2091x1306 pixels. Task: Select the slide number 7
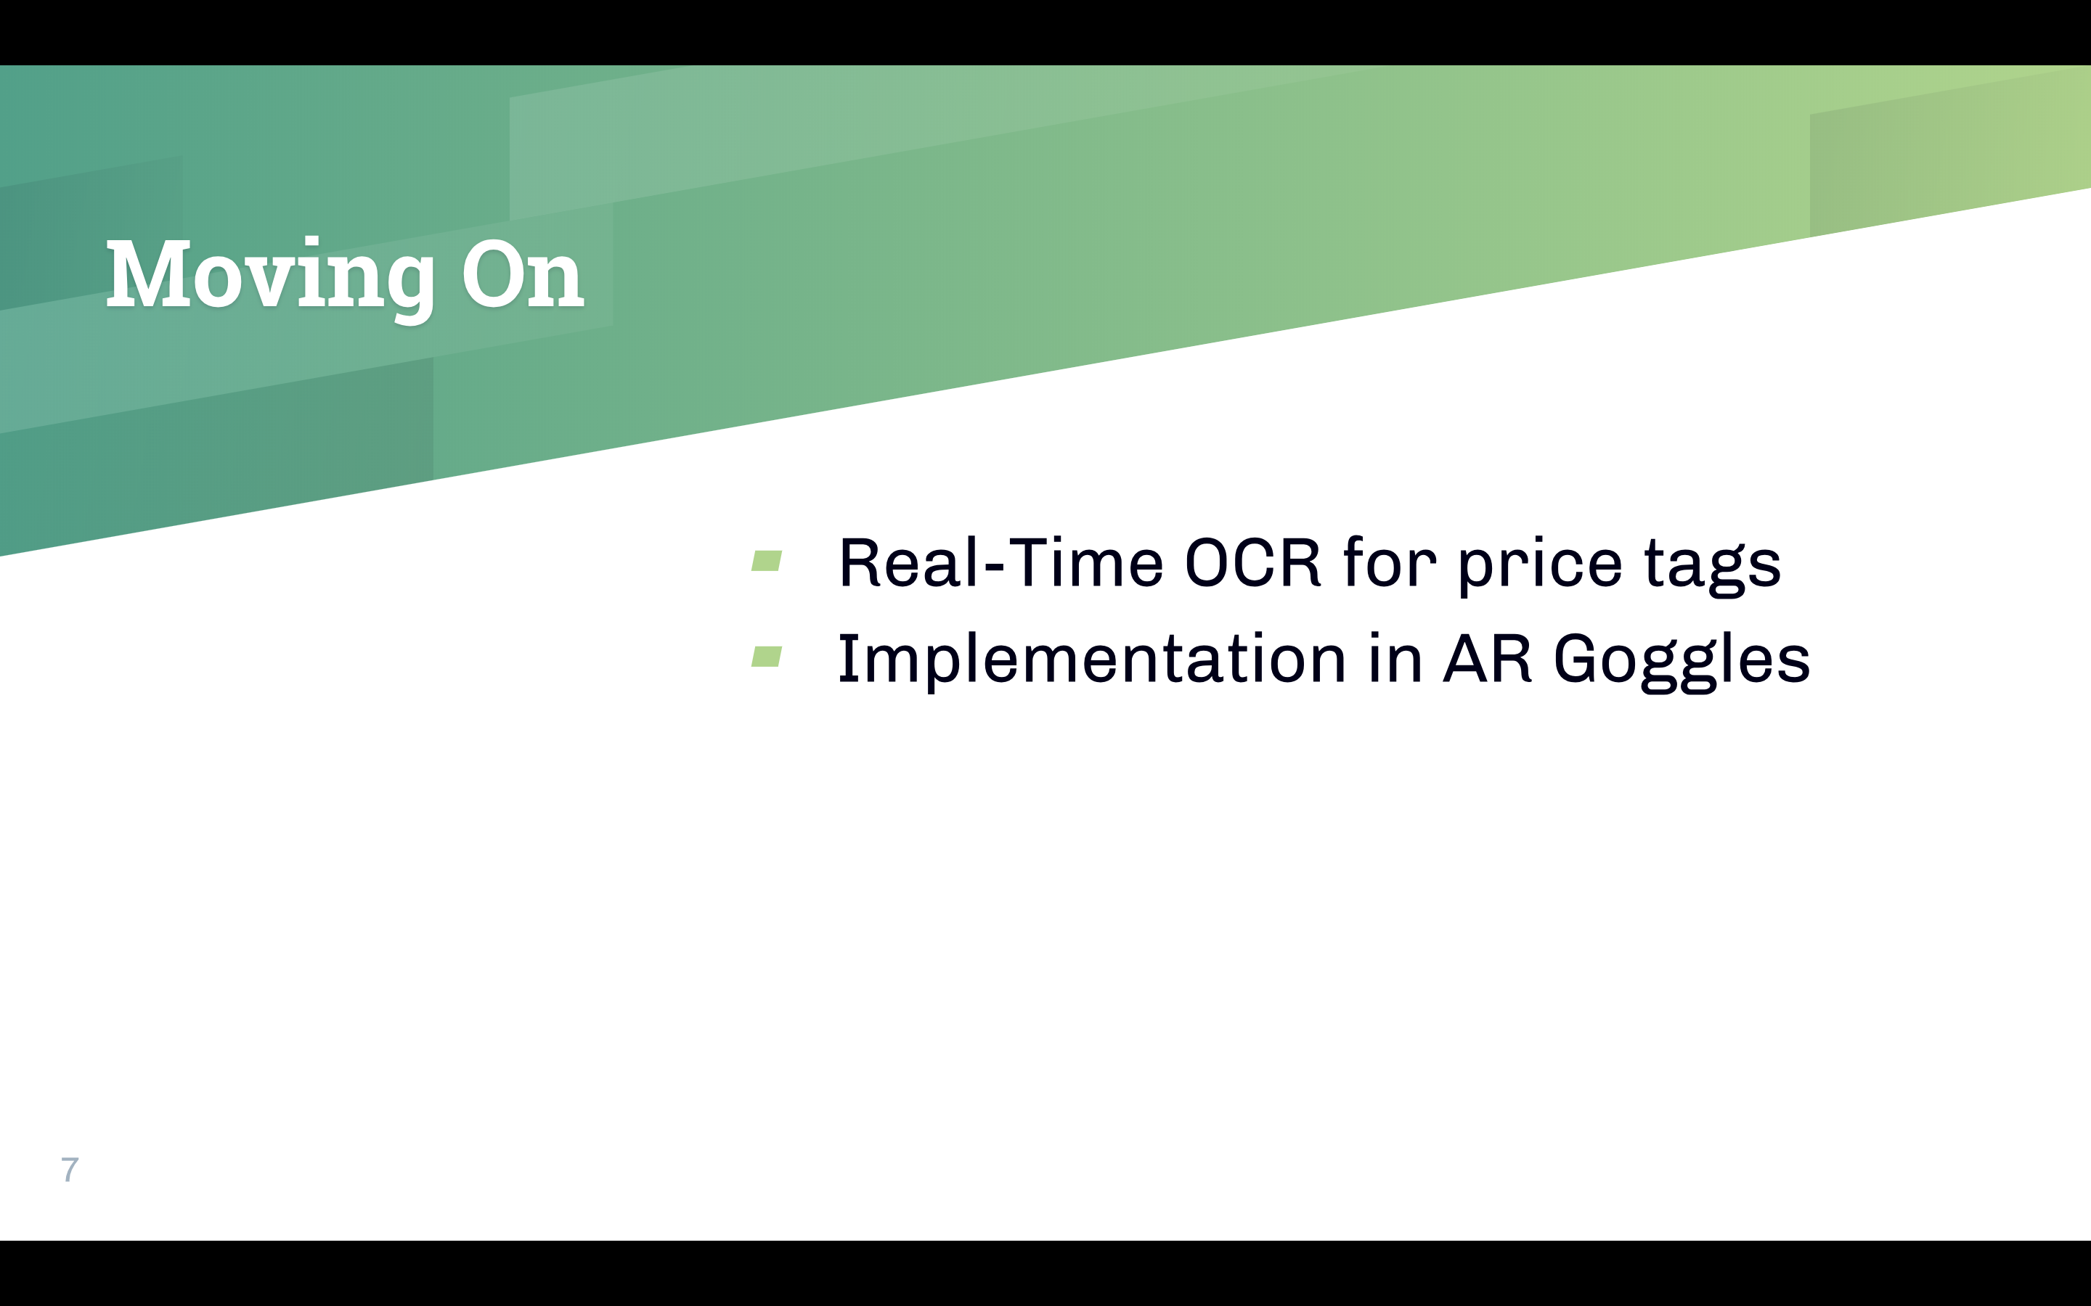[x=70, y=1169]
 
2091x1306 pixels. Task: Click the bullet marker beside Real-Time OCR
[x=767, y=561]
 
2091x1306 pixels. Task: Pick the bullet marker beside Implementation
[x=767, y=657]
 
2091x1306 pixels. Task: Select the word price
[x=1540, y=565]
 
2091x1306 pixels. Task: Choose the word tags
[x=1712, y=567]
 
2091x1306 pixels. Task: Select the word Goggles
[x=1682, y=662]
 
